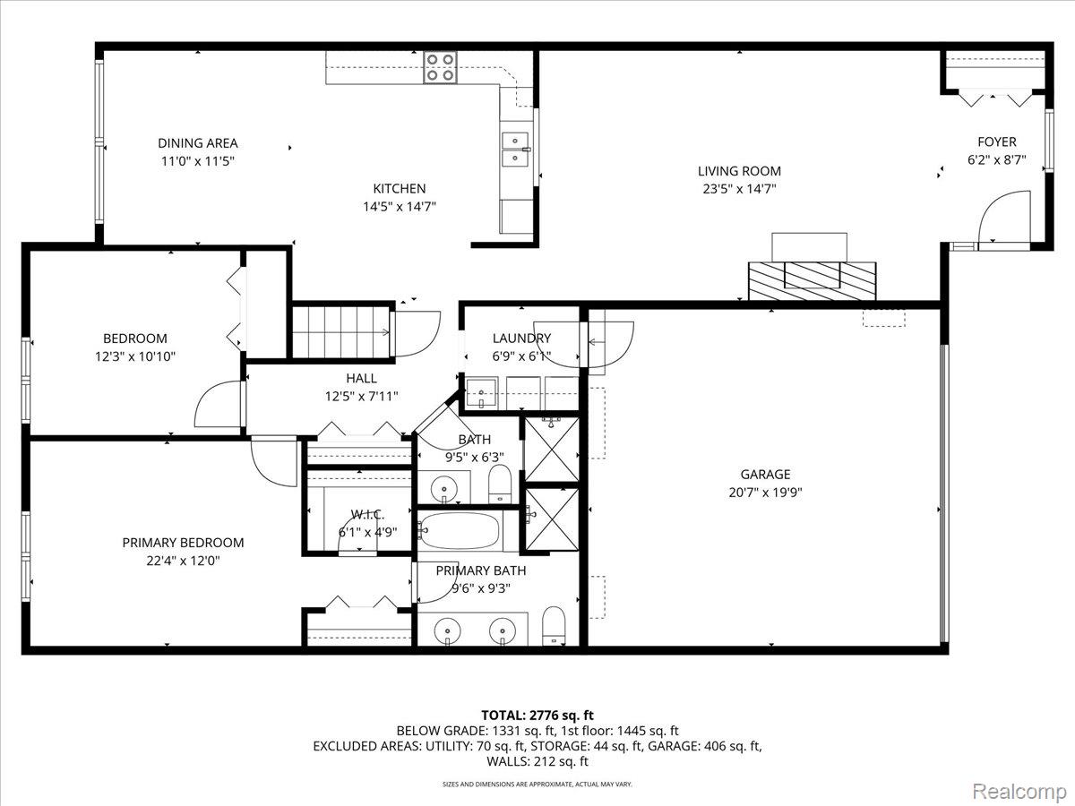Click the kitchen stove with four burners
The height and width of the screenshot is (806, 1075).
[x=440, y=68]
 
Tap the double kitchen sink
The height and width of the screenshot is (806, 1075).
[x=515, y=149]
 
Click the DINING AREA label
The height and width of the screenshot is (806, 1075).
[x=198, y=143]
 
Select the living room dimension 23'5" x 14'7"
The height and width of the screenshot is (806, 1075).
[x=739, y=189]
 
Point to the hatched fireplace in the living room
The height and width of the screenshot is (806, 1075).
[x=813, y=279]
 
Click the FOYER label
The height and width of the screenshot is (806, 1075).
[x=996, y=142]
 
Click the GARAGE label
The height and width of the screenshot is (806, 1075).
[x=765, y=475]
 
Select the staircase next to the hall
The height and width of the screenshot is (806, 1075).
[x=341, y=330]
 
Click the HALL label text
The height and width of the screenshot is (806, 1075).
[x=361, y=379]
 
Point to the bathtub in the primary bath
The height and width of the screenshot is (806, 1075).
[x=460, y=531]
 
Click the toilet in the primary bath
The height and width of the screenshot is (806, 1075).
[x=555, y=626]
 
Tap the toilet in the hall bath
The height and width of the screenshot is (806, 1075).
[x=499, y=484]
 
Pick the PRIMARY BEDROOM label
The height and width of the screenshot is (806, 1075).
[x=183, y=543]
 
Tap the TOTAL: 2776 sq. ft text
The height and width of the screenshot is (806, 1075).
[x=537, y=715]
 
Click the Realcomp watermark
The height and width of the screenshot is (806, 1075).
[x=1019, y=791]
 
